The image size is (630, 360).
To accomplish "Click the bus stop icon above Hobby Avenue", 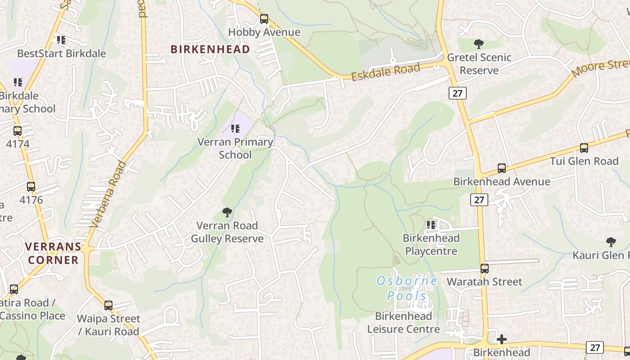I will (x=264, y=19).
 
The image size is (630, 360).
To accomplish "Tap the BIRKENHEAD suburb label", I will (x=210, y=49).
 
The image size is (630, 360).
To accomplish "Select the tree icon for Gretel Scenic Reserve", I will (x=479, y=44).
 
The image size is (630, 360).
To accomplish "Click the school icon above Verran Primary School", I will (x=235, y=129).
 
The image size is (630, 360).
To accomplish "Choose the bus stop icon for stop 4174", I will (x=18, y=131).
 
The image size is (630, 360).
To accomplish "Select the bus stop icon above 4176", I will (x=31, y=187).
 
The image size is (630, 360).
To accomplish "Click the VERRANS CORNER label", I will (x=53, y=253).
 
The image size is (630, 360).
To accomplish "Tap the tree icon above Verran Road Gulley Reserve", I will (x=227, y=212).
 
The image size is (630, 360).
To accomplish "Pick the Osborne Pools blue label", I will (x=407, y=288).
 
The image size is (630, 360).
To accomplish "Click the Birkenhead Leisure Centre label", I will (x=403, y=323).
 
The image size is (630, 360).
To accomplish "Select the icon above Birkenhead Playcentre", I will (x=431, y=225).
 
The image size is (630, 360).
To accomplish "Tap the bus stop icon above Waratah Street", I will (x=484, y=269).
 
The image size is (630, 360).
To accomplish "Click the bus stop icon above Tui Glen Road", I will (x=584, y=148).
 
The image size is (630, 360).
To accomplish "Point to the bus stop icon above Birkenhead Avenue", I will (x=502, y=168).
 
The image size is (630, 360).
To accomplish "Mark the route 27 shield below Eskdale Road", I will (x=458, y=93).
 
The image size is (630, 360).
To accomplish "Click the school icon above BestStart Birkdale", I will (x=61, y=40).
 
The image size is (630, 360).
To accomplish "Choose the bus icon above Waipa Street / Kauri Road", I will (x=108, y=306).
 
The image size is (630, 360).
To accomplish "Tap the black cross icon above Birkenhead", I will (x=502, y=339).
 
